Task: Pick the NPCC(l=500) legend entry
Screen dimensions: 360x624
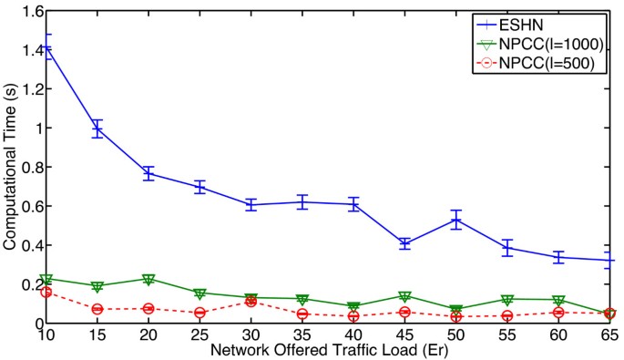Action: [544, 63]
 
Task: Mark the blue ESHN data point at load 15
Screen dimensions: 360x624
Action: [96, 129]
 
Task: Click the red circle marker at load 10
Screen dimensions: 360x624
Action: [45, 292]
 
